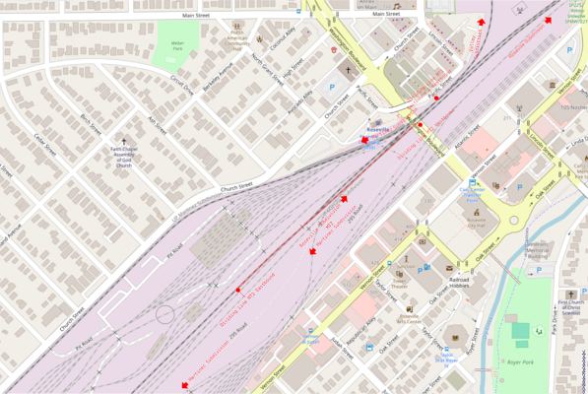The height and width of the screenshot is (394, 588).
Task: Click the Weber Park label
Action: click(x=178, y=44)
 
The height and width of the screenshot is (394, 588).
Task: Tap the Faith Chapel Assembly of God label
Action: click(x=122, y=157)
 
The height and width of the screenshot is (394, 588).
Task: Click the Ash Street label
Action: click(x=156, y=126)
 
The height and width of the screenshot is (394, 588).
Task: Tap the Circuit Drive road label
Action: click(x=182, y=87)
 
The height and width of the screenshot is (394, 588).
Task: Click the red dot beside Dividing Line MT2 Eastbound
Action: click(x=238, y=290)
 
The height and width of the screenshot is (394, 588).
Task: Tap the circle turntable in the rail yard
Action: click(x=164, y=314)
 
